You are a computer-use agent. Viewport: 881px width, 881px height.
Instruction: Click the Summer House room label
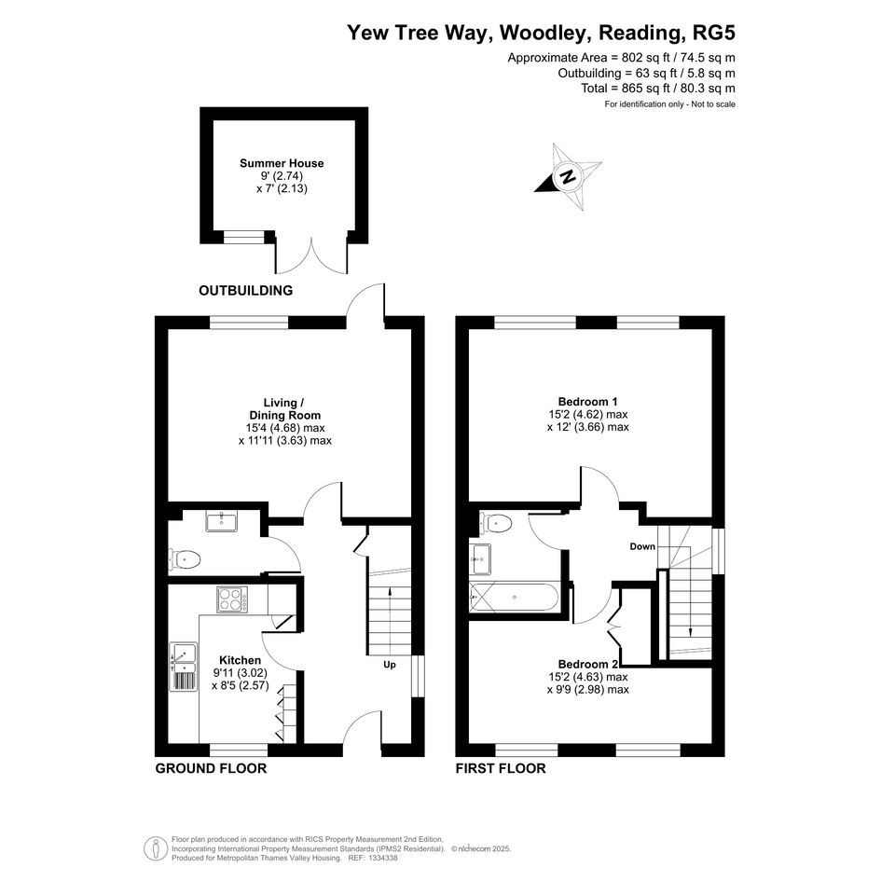tap(282, 163)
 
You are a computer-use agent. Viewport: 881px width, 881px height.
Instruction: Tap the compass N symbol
tap(568, 176)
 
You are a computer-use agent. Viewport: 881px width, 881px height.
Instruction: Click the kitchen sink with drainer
tap(183, 667)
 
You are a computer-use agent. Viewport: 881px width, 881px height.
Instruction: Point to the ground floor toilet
tap(185, 559)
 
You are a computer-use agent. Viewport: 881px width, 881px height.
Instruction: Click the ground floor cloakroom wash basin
tap(221, 521)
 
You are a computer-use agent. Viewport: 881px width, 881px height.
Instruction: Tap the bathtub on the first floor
tap(514, 597)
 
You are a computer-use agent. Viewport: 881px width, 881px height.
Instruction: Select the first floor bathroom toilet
tap(495, 523)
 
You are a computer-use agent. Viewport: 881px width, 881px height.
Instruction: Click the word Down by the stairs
tap(642, 546)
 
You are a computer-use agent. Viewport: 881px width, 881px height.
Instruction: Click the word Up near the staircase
tap(390, 665)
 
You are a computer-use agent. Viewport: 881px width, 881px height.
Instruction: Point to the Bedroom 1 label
tap(587, 402)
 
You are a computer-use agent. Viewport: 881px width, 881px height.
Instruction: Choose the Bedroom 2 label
tap(587, 664)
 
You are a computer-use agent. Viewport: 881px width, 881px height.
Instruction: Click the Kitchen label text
tap(240, 660)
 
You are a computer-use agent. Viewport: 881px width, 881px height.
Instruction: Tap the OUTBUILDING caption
tap(245, 291)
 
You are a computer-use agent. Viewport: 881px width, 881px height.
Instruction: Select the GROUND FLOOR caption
tap(211, 768)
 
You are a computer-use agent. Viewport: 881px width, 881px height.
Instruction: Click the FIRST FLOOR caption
tap(501, 768)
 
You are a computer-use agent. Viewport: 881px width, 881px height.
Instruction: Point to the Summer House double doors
tap(311, 255)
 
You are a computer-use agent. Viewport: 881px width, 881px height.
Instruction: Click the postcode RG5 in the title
tap(714, 33)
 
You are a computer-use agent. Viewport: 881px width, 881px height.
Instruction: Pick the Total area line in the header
tap(658, 89)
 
